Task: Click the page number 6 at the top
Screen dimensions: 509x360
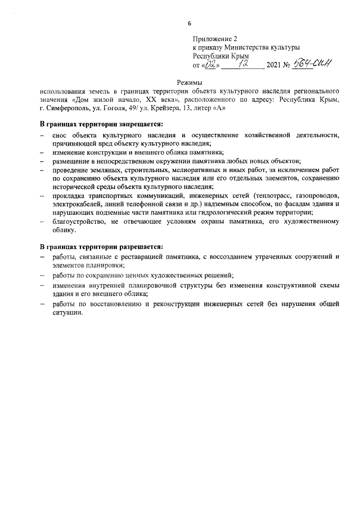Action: [x=189, y=23]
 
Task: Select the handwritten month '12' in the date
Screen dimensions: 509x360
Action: [x=242, y=65]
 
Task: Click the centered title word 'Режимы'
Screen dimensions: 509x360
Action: [x=189, y=83]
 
